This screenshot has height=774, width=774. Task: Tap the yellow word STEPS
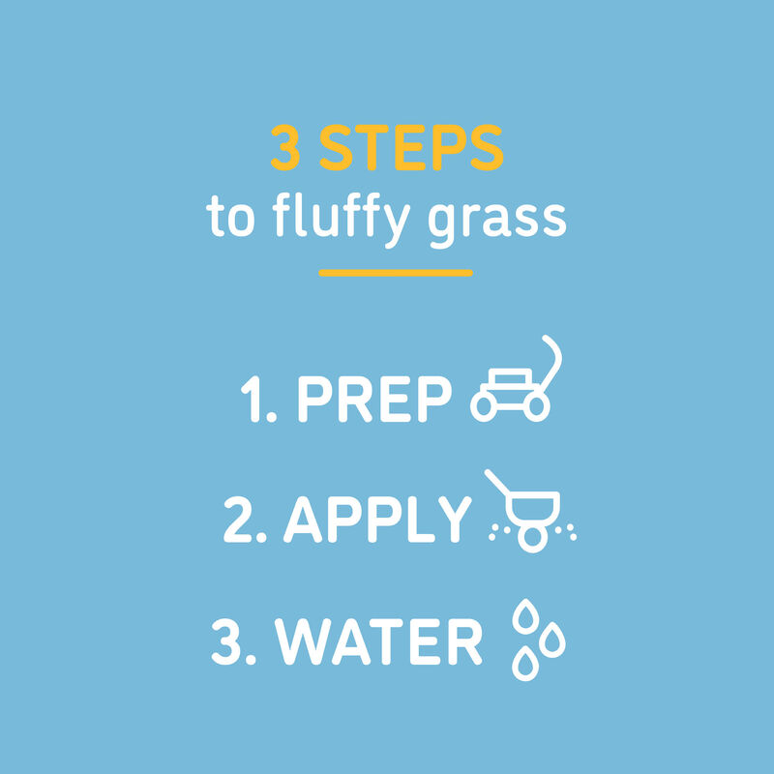pos(411,147)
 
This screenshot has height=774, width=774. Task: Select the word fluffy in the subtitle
pos(328,219)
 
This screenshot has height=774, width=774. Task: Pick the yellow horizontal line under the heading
pos(396,273)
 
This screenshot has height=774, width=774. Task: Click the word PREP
pos(373,399)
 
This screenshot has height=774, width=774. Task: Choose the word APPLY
pos(376,521)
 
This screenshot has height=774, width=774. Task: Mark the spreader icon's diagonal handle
pos(497,485)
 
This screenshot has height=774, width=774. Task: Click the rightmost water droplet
pos(553,638)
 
